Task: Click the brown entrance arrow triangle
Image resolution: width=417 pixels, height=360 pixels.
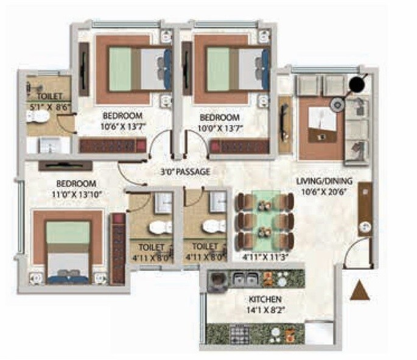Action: (x=360, y=291)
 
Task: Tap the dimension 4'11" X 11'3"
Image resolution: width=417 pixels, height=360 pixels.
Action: (x=265, y=256)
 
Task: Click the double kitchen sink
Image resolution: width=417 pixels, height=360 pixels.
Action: (x=244, y=279)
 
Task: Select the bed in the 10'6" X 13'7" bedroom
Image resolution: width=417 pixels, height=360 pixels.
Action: (x=137, y=69)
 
